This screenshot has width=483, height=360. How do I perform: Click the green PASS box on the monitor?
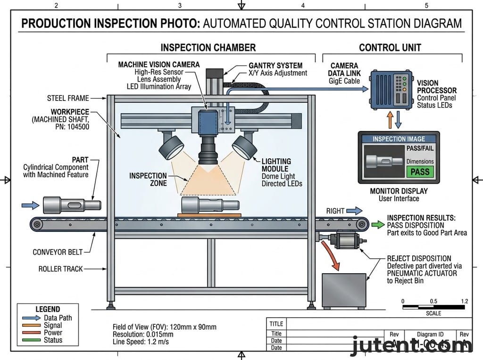(x=420, y=172)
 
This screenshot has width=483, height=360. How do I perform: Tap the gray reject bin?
(x=344, y=291)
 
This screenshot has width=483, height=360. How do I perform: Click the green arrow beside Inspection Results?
(x=377, y=225)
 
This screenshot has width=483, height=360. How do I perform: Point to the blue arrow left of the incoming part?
(x=30, y=205)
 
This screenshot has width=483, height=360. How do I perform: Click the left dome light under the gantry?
(x=171, y=147)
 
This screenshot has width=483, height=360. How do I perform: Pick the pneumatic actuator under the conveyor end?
(x=346, y=240)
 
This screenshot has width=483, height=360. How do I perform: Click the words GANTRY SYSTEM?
(x=275, y=65)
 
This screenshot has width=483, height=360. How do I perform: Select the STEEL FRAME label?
(x=68, y=98)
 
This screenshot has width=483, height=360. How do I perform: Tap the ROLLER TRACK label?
(x=60, y=269)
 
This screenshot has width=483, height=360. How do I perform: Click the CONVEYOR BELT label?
(x=59, y=252)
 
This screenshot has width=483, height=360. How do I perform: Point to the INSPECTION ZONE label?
(x=148, y=179)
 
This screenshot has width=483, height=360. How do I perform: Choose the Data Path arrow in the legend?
(x=31, y=318)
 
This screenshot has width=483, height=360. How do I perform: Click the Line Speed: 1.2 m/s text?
(x=141, y=342)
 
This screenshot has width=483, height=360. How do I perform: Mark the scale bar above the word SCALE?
(x=434, y=307)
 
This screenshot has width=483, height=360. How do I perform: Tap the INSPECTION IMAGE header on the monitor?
(x=399, y=139)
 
